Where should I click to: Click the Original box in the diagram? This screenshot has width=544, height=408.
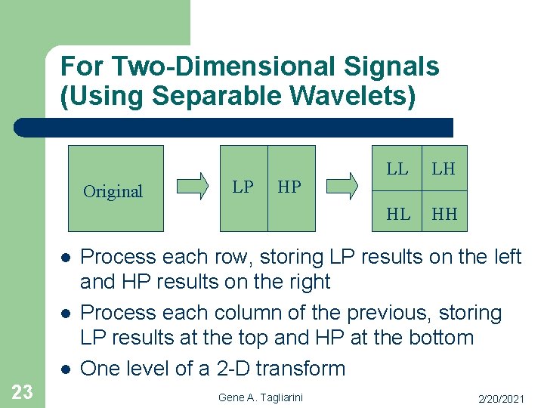pos(116,188)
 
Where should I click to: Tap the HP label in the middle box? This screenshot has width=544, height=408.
pos(289,187)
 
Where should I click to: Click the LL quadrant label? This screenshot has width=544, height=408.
pos(397,169)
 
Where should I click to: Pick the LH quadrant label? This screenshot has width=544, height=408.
pos(444,169)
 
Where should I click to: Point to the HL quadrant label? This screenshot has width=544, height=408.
pos(398,215)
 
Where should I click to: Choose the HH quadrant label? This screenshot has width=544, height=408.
pos(444,215)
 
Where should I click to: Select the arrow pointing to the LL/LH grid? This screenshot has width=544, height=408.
pos(345,185)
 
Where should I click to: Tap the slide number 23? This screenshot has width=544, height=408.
pos(22,391)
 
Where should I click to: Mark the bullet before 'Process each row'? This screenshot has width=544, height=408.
pos(66,258)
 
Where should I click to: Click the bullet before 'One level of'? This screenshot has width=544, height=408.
pos(66,369)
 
